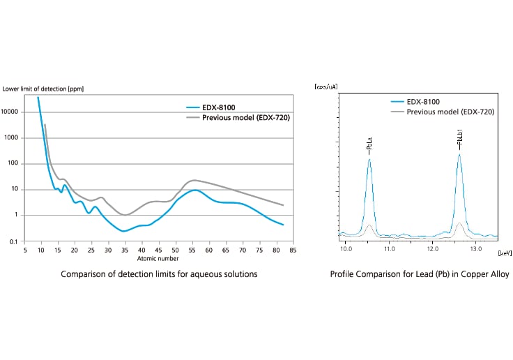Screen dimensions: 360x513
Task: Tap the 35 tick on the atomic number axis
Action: click(125, 250)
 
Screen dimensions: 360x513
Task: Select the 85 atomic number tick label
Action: click(293, 250)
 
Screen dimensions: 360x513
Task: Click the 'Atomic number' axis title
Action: click(158, 257)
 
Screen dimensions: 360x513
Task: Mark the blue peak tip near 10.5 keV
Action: click(369, 160)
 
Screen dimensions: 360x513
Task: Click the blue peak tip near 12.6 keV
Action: click(459, 155)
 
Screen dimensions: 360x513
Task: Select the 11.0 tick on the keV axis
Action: click(389, 248)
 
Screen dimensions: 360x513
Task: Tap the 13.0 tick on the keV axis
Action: click(476, 248)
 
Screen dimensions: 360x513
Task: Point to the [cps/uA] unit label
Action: click(327, 87)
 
